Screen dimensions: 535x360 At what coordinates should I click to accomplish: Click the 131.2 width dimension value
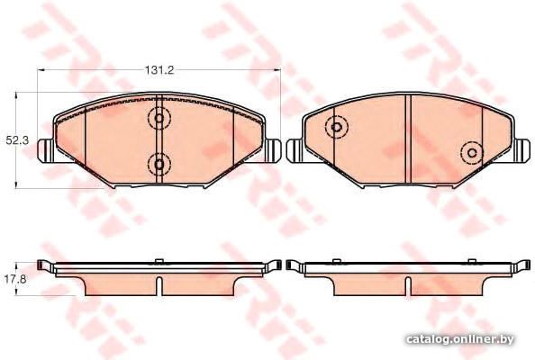159,70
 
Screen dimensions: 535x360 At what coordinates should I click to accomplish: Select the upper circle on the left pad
159,118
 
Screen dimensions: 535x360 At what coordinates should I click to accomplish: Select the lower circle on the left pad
159,165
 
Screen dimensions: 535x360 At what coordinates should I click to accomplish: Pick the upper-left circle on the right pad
337,127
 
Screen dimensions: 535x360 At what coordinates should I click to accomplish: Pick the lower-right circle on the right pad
472,153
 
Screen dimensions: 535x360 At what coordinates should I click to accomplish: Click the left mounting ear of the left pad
46,150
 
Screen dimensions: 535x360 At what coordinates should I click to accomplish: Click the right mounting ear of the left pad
272,150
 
